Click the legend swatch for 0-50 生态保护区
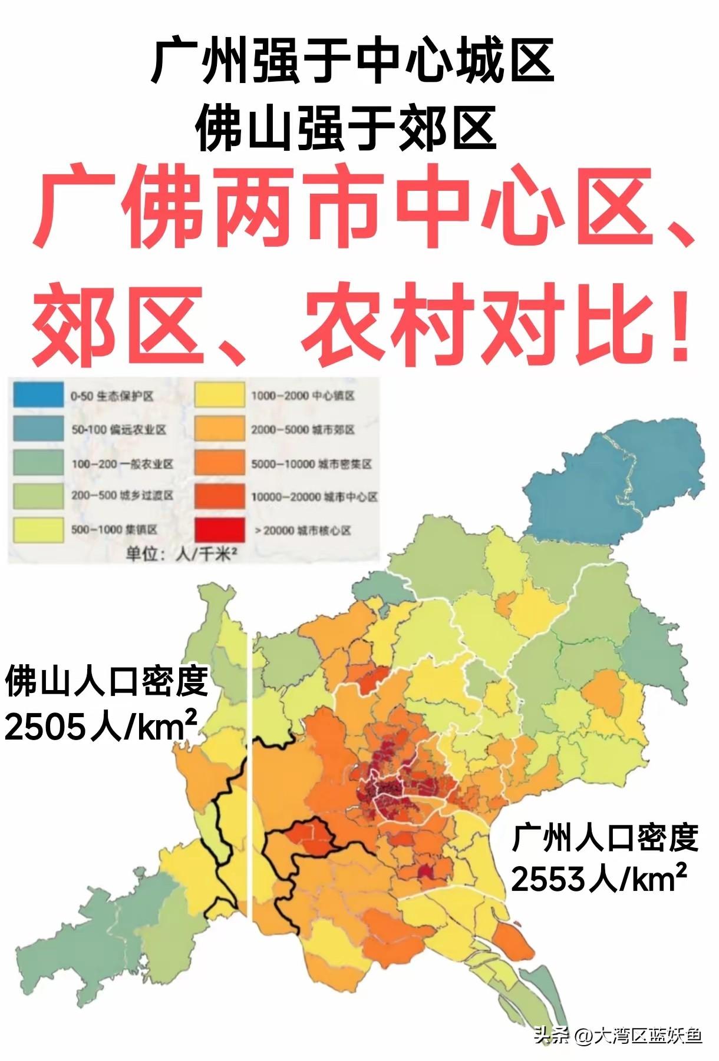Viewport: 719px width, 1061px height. coord(38,394)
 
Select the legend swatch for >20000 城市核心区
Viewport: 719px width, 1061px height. coord(219,529)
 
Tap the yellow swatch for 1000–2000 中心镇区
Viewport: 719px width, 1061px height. coord(219,394)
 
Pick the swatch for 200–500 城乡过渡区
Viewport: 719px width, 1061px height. coord(38,496)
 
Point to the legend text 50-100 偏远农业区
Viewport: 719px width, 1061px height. coord(118,429)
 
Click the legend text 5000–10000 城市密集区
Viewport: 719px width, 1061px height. coord(311,464)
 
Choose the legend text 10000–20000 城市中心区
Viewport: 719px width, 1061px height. coord(314,497)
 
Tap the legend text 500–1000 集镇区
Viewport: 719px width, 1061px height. coord(114,529)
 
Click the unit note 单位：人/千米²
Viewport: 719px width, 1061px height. coord(177,554)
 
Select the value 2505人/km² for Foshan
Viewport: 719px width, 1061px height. coord(100,728)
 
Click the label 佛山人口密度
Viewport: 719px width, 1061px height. coord(106,681)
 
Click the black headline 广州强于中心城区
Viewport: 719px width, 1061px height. coord(352,61)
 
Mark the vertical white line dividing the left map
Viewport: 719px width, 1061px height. coord(252,824)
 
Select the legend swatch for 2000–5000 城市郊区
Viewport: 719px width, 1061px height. coord(219,429)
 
